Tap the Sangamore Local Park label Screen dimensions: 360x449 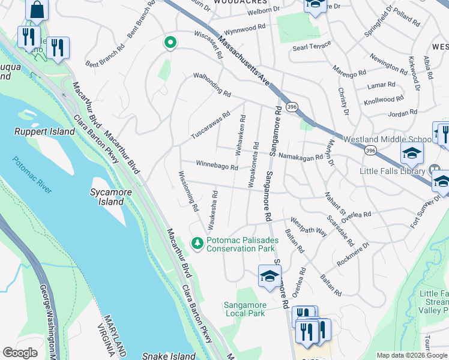[244, 309]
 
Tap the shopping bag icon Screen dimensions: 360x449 [37, 10]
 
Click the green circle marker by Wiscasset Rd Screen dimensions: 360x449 [170, 43]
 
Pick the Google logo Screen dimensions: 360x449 [20, 353]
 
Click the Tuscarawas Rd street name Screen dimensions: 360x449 [210, 124]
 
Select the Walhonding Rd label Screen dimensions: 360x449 [212, 85]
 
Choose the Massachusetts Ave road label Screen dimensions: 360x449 [244, 61]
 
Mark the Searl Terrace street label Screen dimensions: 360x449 [312, 47]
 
